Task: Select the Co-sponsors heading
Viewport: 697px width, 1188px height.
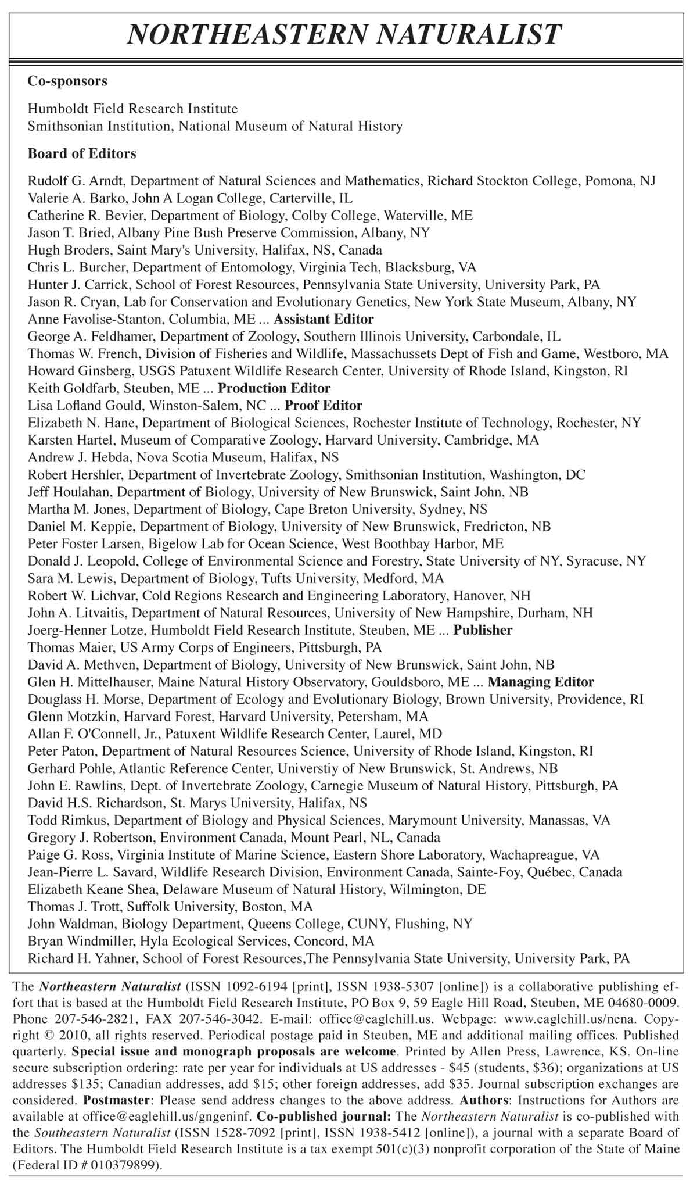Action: pos(67,81)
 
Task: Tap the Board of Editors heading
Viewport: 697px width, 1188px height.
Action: pos(82,154)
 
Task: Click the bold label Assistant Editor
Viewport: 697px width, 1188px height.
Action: pos(324,319)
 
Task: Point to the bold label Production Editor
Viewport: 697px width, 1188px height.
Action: pos(274,388)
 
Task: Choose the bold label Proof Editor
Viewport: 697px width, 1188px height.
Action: pos(323,406)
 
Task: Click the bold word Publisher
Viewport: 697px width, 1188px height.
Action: pos(483,630)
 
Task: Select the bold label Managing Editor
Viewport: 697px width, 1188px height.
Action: pos(540,682)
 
